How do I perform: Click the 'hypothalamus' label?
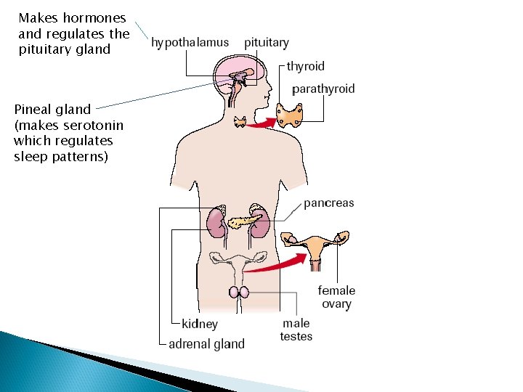(x=190, y=43)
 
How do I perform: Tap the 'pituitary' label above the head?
(x=266, y=43)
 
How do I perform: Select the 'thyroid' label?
(x=305, y=66)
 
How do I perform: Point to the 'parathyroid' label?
(x=323, y=89)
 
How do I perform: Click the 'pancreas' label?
(x=328, y=203)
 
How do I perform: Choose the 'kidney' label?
(x=199, y=324)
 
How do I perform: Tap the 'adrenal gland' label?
(x=206, y=343)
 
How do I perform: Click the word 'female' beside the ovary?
(x=336, y=290)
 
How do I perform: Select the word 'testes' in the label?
(x=296, y=336)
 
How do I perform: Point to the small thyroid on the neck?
(x=240, y=123)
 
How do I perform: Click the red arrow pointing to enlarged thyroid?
(x=260, y=124)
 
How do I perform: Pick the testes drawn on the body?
(x=240, y=292)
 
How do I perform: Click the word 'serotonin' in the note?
(x=87, y=125)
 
